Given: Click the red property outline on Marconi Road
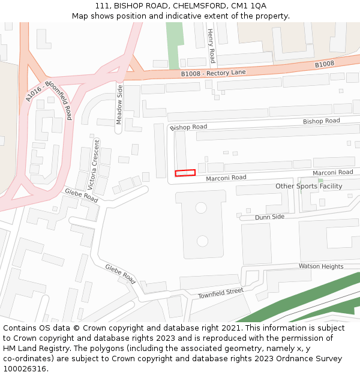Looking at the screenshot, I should coord(185,173).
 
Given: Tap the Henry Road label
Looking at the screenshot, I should coord(211,46).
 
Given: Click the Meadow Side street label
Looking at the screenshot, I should coord(119,104).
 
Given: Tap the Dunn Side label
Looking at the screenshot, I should coord(269,217).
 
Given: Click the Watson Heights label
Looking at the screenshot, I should coord(321,266).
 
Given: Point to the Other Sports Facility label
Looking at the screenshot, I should coord(308,186).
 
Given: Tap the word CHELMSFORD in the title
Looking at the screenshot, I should coord(193,6).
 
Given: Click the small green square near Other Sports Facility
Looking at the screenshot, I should coord(320,181).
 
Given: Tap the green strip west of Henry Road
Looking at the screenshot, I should coord(173,45).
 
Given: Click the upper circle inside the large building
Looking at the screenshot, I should coord(202,208).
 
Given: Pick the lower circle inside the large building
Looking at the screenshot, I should coord(202,241).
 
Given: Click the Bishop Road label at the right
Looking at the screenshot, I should coord(321,121).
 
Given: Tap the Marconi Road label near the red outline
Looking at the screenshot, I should coord(226,178).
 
